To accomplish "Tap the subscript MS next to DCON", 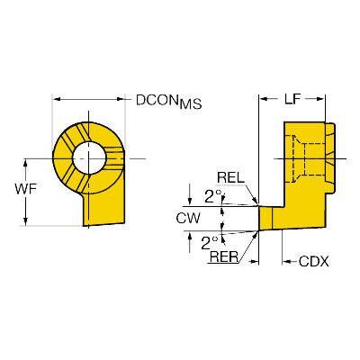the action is [191, 103].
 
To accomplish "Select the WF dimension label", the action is [25, 189].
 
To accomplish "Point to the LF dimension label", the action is [292, 99].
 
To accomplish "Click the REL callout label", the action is [230, 178].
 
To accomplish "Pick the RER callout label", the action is [224, 256].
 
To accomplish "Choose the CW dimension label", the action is [188, 219].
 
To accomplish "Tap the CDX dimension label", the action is [314, 262].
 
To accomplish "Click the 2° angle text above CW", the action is [212, 196].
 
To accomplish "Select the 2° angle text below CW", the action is [209, 243].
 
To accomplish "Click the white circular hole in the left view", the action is [89, 157].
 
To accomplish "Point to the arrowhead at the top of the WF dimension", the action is [25, 163].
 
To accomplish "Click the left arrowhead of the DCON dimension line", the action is [57, 99].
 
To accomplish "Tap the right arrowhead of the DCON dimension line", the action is [120, 99].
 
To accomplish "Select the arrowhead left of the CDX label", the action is [286, 262].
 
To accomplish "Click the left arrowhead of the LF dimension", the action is [263, 99].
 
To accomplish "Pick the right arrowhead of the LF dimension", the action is [320, 99].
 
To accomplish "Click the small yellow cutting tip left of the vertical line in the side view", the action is [265, 219].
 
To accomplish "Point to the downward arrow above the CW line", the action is [189, 195].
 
